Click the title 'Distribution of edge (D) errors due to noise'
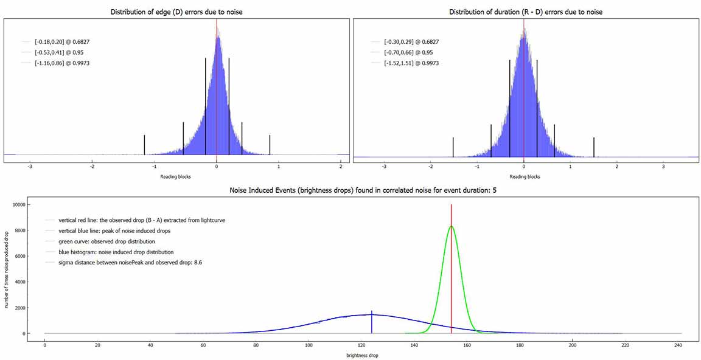[176, 12]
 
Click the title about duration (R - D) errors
[525, 12]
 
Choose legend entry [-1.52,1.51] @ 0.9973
[411, 63]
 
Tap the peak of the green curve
[452, 227]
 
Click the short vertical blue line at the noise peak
[371, 322]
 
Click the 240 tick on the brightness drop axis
[678, 345]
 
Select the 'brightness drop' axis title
[363, 355]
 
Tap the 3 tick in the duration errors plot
[663, 165]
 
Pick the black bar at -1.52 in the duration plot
[453, 147]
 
